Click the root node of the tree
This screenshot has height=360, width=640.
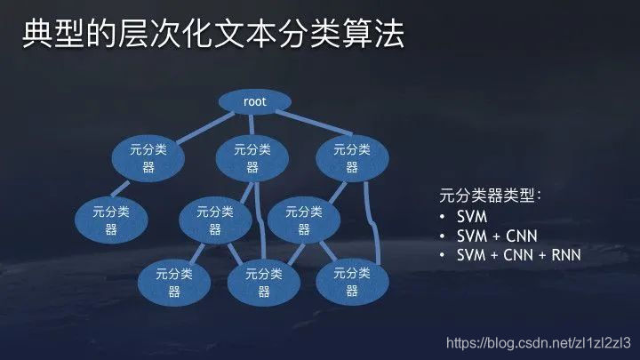(254, 102)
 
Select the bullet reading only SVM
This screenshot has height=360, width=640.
(472, 217)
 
